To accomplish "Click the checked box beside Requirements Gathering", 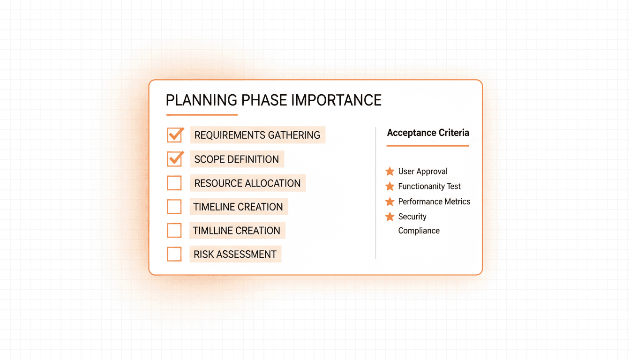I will (174, 135).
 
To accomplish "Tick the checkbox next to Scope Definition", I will (174, 159).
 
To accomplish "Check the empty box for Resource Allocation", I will (174, 183).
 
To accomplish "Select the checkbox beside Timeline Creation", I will (174, 207).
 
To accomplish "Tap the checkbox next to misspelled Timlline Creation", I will (174, 231).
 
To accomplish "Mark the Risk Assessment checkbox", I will (174, 254).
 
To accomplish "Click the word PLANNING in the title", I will (202, 100).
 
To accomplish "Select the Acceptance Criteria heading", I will (428, 133).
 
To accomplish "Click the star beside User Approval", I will (390, 172).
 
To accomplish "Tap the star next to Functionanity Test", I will (390, 187).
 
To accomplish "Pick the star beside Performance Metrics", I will (390, 202).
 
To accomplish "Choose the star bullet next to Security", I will (390, 217).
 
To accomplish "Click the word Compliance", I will (419, 231).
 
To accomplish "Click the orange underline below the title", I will (202, 115).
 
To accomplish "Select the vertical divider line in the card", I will (376, 192).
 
